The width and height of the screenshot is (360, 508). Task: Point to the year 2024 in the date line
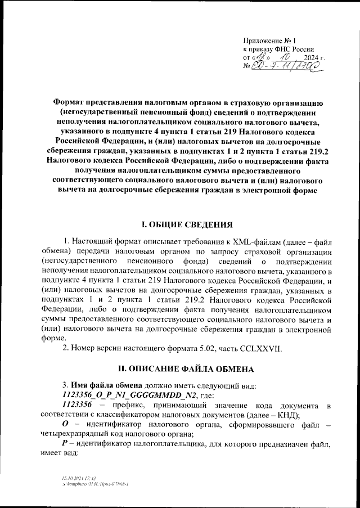point(311,58)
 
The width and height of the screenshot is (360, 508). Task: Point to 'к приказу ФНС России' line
point(278,50)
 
